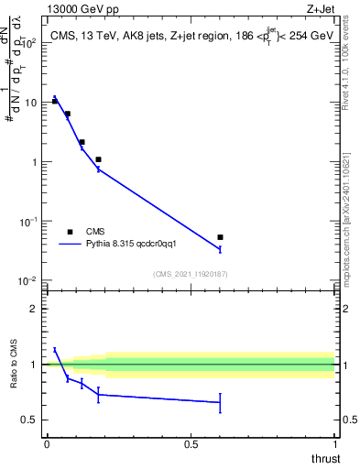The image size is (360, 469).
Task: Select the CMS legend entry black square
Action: point(71,232)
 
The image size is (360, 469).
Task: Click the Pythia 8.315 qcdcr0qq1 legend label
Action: point(134,245)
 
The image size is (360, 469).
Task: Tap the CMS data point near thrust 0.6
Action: point(220,237)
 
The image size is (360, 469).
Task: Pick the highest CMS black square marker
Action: point(54,101)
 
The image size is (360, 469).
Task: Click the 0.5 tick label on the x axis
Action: point(191,443)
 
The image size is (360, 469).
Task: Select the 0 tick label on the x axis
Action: point(47,443)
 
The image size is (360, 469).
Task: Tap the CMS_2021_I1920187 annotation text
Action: point(191,274)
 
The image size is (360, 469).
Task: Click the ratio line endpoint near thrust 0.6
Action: point(220,402)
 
